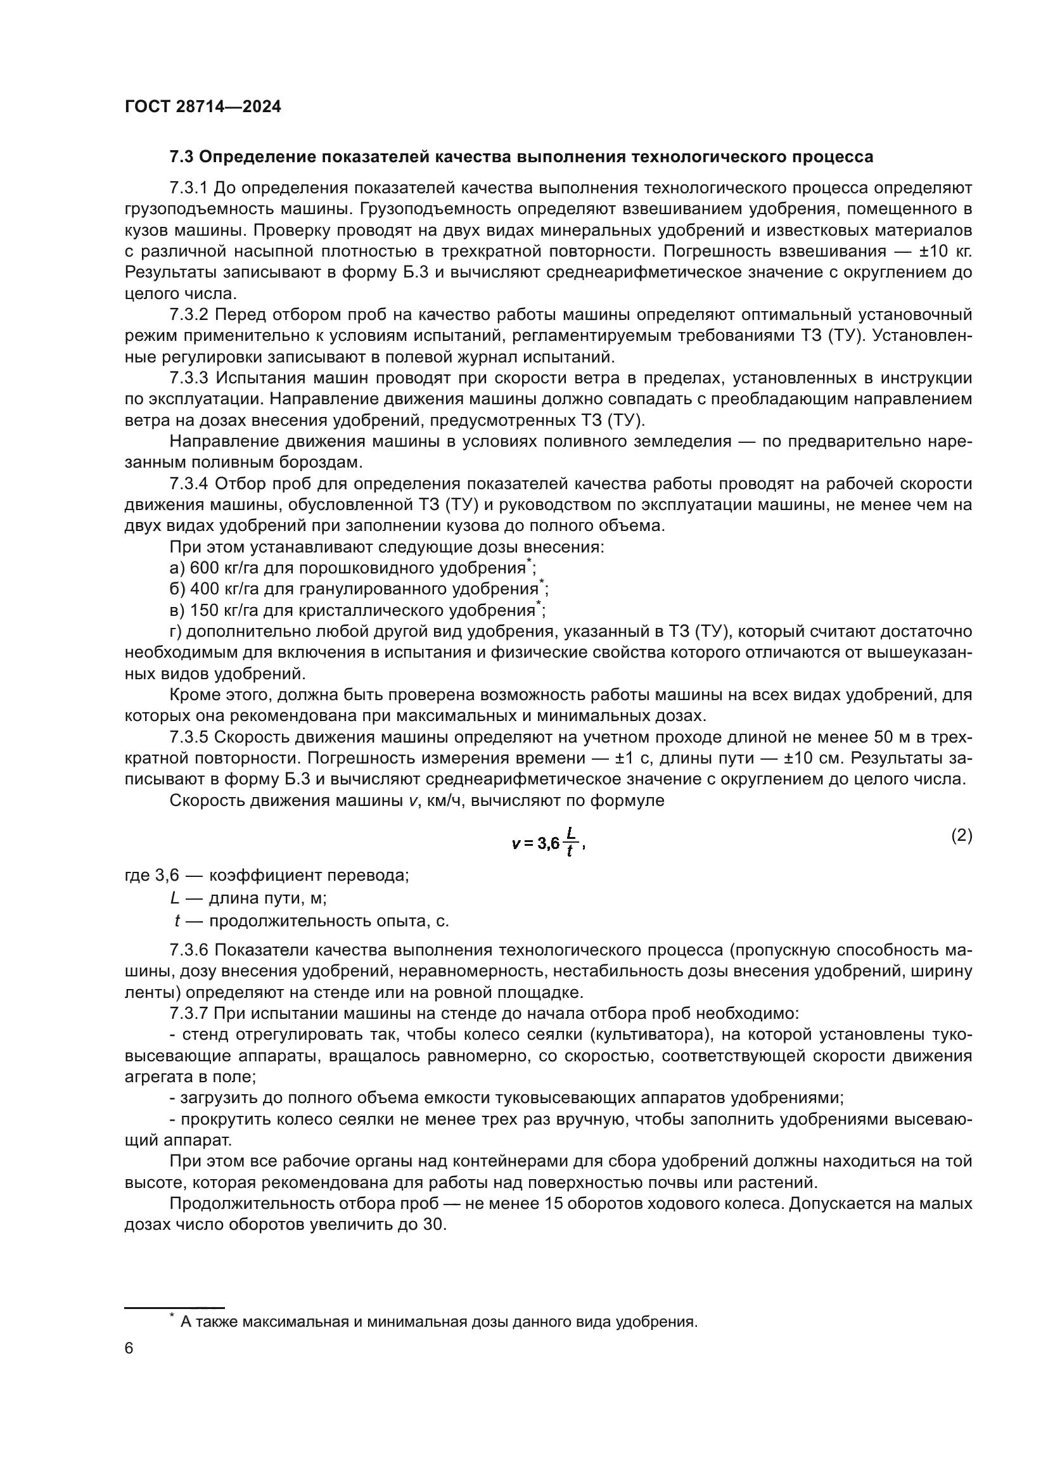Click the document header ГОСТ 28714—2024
pyautogui.click(x=203, y=107)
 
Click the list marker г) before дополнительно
pyautogui.click(x=176, y=631)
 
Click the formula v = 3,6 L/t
pyautogui.click(x=547, y=843)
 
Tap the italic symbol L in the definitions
pyautogui.click(x=174, y=898)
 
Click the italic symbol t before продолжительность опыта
pyautogui.click(x=177, y=921)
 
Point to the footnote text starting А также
pyautogui.click(x=439, y=1322)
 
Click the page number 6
pyautogui.click(x=129, y=1348)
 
